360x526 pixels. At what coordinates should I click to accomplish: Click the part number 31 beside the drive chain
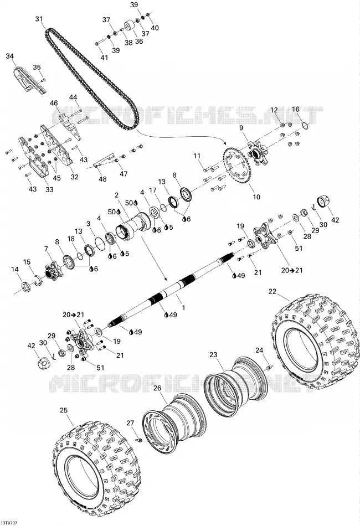39,19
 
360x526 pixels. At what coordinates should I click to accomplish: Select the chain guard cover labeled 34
31,80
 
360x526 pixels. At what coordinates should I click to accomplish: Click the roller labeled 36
130,26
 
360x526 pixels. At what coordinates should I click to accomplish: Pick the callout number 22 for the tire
272,291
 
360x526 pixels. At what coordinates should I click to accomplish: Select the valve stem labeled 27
138,439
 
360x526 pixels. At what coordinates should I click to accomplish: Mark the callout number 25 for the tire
64,410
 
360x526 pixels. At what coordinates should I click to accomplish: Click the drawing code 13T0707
9,523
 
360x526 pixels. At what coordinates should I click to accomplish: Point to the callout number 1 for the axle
183,307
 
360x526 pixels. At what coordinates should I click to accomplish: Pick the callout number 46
54,103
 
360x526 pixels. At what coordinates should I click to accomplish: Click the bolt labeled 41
99,43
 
